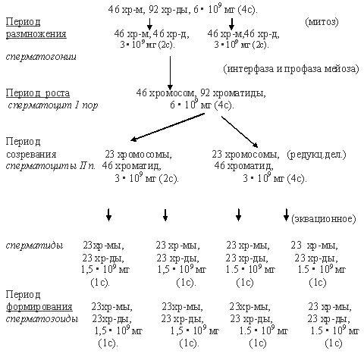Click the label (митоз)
[x=322, y=22]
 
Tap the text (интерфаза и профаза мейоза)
[x=291, y=69]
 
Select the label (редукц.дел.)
[x=316, y=154]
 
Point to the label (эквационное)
[x=323, y=218]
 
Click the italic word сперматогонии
[x=41, y=57]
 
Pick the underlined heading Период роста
[x=38, y=93]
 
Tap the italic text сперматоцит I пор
[x=53, y=105]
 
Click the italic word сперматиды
[x=34, y=246]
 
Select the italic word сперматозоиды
[x=42, y=319]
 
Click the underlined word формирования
[x=39, y=307]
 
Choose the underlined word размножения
[x=36, y=34]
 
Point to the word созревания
[x=31, y=155]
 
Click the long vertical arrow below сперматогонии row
[x=170, y=73]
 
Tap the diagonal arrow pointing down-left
[x=168, y=127]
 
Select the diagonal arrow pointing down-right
[x=240, y=132]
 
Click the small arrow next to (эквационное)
[x=286, y=214]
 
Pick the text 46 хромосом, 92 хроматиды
[x=201, y=93]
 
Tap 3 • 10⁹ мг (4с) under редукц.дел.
[x=275, y=178]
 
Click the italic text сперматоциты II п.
[x=51, y=166]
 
